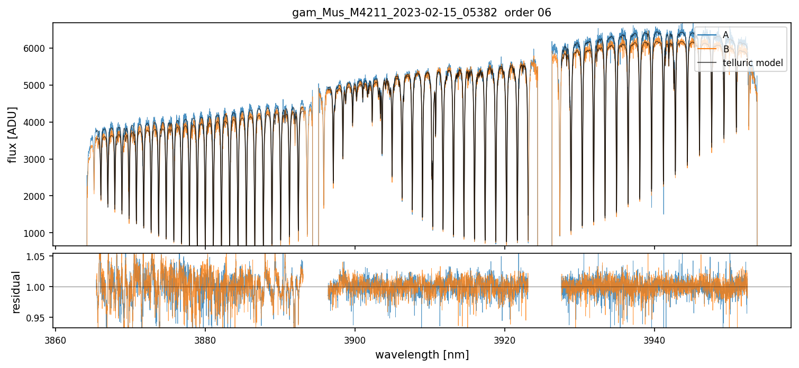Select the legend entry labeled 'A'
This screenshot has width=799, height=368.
tap(725, 35)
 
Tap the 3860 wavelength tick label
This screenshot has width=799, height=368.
tap(56, 341)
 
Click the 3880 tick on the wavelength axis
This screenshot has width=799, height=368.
tap(205, 341)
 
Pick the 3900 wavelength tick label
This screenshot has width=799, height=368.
tap(355, 341)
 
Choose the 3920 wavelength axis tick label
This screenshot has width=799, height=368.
tap(505, 341)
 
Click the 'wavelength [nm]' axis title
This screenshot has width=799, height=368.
tap(422, 355)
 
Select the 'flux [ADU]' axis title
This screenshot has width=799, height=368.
tap(13, 134)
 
